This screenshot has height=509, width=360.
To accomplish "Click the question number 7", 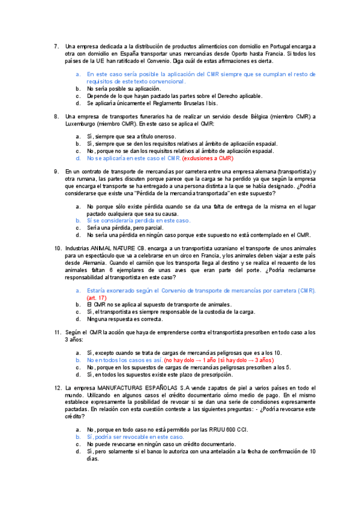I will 56,46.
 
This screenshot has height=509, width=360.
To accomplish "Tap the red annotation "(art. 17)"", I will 97,297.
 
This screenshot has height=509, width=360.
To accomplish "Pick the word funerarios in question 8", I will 158,116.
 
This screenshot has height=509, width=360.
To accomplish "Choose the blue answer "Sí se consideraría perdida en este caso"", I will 138,221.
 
